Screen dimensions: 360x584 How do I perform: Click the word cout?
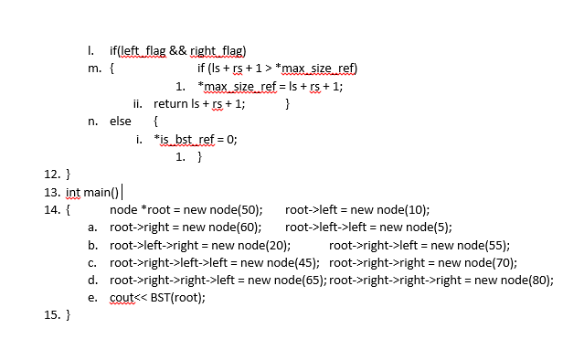pyautogui.click(x=122, y=297)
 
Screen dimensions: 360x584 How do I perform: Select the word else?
pyautogui.click(x=121, y=121)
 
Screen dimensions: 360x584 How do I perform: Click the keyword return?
pyautogui.click(x=173, y=103)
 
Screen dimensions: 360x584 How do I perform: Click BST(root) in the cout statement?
pyautogui.click(x=179, y=297)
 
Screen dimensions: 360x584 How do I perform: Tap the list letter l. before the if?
pyautogui.click(x=90, y=50)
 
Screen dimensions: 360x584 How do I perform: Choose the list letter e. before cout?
pyautogui.click(x=92, y=297)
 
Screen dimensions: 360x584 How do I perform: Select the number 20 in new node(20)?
pyautogui.click(x=273, y=245)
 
